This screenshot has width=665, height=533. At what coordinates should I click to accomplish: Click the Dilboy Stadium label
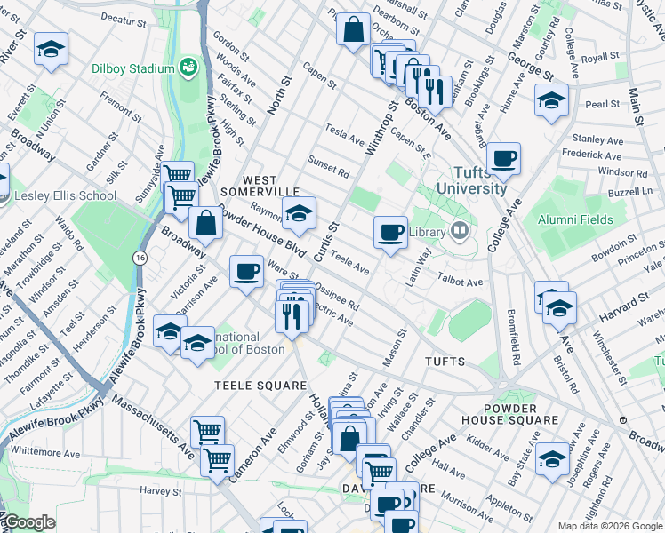click(x=132, y=68)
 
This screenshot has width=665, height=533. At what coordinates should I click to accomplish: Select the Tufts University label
click(x=469, y=180)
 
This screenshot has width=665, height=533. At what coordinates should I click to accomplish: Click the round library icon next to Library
click(x=460, y=232)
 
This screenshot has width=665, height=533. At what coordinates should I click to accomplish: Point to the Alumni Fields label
click(x=574, y=219)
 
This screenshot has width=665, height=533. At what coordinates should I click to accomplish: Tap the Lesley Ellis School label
click(x=66, y=195)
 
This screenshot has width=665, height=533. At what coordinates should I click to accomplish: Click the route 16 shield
click(x=139, y=257)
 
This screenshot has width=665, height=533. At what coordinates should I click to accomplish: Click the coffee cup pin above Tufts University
click(x=503, y=159)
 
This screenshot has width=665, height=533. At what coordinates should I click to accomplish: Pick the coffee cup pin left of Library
click(x=389, y=233)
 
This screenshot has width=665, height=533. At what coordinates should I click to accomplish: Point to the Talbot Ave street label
click(x=460, y=280)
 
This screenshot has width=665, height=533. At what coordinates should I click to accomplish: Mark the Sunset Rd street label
click(x=328, y=166)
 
